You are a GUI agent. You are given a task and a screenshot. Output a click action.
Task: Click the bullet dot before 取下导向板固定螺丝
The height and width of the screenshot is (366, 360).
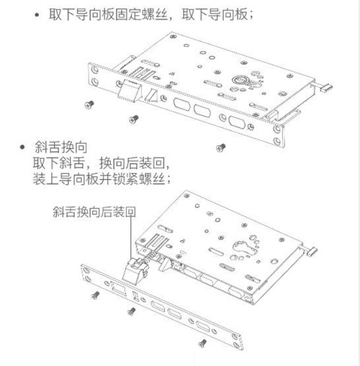click(x=37, y=15)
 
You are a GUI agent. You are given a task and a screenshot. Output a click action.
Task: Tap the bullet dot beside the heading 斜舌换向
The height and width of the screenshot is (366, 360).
click(x=22, y=147)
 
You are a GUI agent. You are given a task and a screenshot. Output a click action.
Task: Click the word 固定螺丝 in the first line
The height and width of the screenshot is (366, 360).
click(x=141, y=14)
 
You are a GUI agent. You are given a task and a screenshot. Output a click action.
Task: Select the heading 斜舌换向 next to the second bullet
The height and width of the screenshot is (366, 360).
click(x=60, y=147)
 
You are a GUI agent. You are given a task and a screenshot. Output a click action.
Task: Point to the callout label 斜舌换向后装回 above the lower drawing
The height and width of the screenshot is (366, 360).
click(x=94, y=212)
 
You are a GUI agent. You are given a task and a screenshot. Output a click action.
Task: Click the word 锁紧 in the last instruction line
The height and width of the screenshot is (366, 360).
click(x=125, y=179)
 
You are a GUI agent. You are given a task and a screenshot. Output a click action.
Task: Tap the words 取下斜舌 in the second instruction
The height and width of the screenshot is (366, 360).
click(x=58, y=163)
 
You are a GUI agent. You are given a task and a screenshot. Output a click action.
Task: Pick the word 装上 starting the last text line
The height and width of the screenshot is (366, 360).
click(x=45, y=179)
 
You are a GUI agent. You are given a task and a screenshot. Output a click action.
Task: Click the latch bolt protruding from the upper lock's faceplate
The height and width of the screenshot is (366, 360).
click(x=129, y=91)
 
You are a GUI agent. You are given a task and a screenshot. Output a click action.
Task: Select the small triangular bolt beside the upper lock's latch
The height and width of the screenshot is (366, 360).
click(x=150, y=96)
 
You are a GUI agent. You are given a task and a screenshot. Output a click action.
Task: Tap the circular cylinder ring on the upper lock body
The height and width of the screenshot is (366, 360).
click(x=240, y=80)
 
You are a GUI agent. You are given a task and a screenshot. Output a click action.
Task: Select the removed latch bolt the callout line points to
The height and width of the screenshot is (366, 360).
click(x=135, y=270)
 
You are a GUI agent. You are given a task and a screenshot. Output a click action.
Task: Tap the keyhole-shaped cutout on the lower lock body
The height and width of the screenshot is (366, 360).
click(x=244, y=249)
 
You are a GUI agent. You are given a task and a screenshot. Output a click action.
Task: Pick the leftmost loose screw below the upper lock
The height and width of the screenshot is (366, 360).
click(x=89, y=104)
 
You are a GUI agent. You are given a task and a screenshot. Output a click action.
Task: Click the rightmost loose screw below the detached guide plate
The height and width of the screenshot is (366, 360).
click(x=202, y=343)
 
